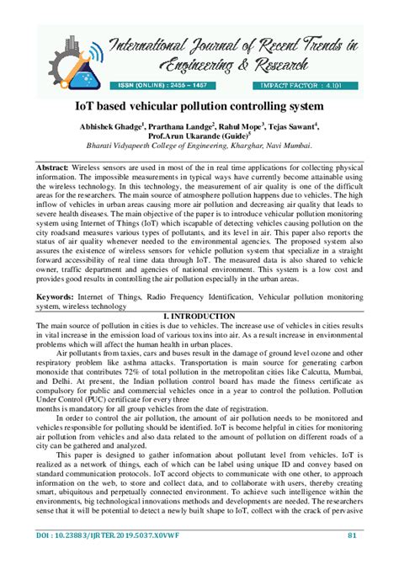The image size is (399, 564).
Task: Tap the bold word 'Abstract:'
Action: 53,168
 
